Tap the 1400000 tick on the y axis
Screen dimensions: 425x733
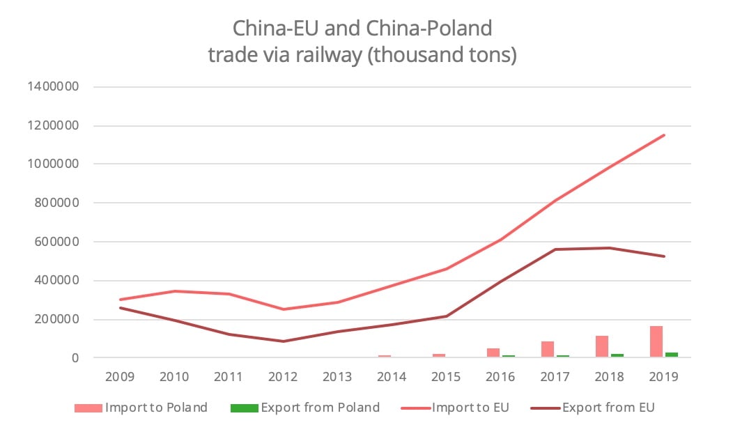[51, 87]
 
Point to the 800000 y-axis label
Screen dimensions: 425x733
[54, 203]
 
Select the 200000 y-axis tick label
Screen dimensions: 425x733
[54, 320]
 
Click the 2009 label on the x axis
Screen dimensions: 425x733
[120, 377]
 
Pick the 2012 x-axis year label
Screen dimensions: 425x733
[283, 377]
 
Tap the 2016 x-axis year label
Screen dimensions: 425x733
[500, 377]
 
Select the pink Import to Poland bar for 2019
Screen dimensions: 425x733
[656, 341]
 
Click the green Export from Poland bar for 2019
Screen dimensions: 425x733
[671, 355]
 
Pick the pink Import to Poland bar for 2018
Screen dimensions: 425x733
[602, 346]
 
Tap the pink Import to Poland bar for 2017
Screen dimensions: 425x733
[548, 349]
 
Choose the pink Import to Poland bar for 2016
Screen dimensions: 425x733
[493, 353]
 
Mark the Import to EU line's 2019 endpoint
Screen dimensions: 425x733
[664, 135]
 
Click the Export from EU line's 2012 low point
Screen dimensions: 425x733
[283, 341]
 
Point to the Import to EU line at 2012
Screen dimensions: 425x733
[283, 309]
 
